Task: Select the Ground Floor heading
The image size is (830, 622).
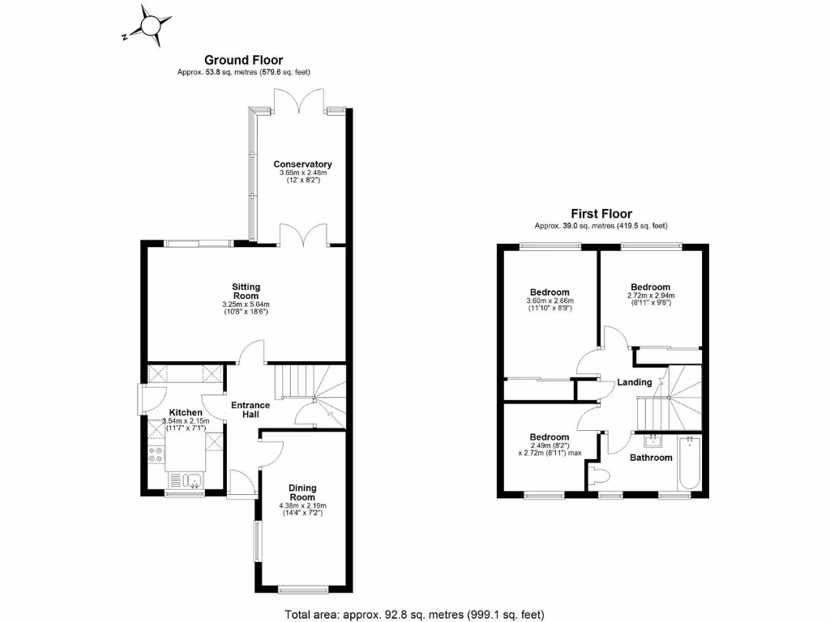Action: point(243,59)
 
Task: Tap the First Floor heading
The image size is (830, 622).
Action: point(601,214)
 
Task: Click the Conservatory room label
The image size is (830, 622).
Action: point(302,164)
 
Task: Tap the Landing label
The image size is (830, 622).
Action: point(634,382)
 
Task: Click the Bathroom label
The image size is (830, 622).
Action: point(652,458)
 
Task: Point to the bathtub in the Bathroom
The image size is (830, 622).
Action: point(689,463)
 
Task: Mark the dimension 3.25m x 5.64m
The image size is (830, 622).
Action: point(246,305)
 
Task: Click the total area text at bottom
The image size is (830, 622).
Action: point(414,614)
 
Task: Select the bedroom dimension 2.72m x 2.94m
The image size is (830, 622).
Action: point(651,296)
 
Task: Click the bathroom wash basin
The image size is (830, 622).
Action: point(652,441)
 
